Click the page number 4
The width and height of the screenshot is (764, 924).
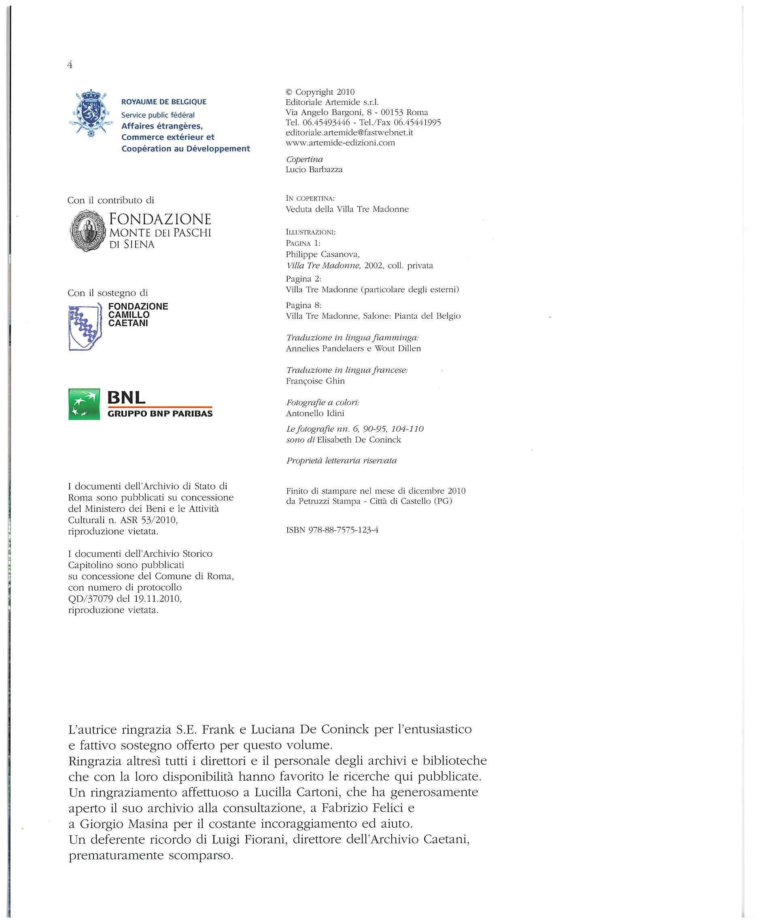click(70, 65)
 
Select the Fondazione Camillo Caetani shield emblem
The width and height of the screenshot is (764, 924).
click(85, 327)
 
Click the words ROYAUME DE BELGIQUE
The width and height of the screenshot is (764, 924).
click(163, 102)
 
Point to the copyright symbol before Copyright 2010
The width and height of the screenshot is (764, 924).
click(289, 92)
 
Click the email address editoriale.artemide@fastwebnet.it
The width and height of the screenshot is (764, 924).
click(349, 132)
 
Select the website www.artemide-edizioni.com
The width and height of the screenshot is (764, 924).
click(340, 143)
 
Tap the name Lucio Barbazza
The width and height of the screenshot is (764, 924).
click(314, 169)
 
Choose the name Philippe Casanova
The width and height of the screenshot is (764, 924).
click(323, 254)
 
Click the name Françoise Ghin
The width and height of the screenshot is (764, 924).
click(315, 381)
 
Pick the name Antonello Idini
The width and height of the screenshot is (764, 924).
click(315, 413)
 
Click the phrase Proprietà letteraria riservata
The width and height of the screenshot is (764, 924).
click(341, 461)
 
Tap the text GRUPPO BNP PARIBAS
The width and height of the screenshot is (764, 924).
click(160, 413)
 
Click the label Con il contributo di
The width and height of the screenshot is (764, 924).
click(111, 200)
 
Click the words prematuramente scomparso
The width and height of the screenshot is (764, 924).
click(151, 855)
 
